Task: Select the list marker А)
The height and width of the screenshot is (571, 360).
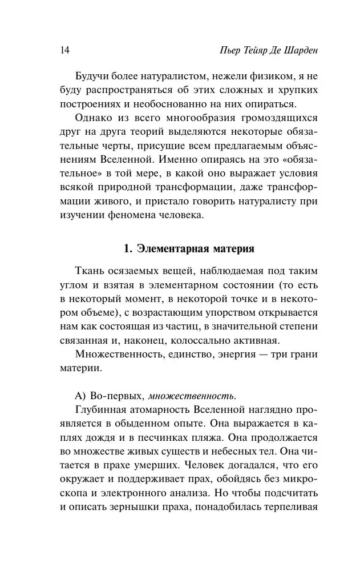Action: [x=81, y=396]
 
